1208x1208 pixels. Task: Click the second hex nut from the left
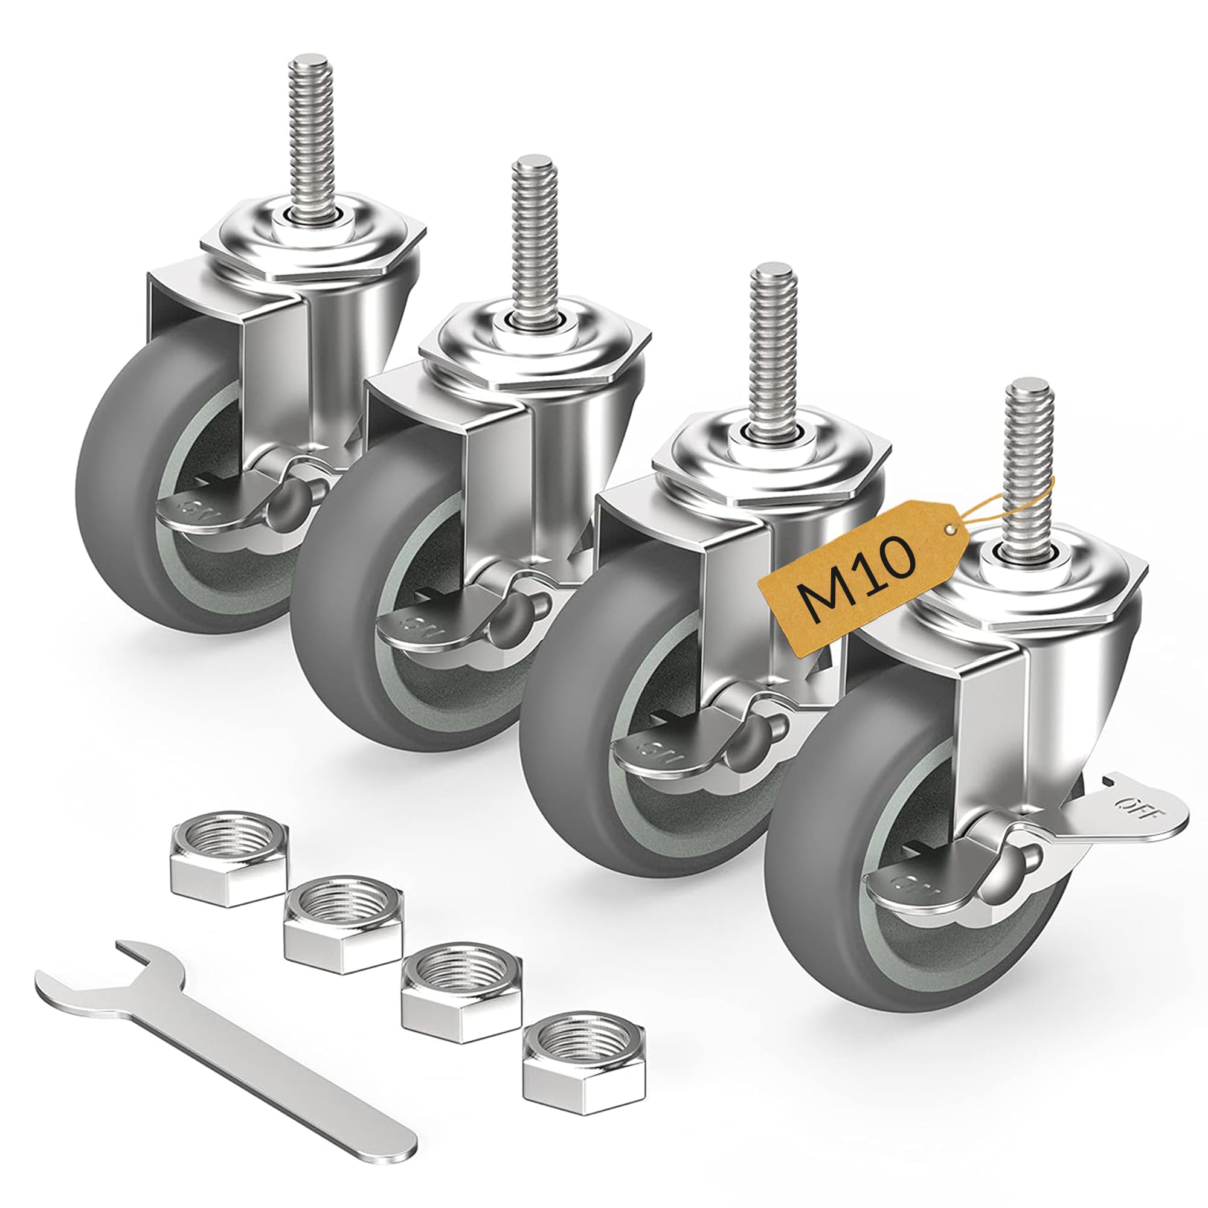pyautogui.click(x=342, y=928)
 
